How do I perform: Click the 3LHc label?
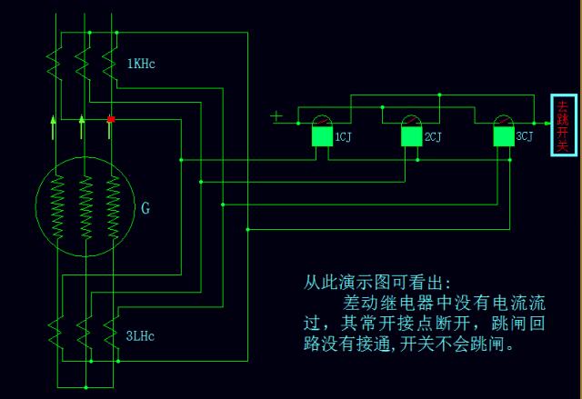coord(141,335)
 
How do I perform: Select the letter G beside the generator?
coord(145,208)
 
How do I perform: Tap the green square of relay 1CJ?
coord(321,136)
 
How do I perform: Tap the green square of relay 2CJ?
coord(412,136)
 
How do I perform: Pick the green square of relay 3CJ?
coord(503,136)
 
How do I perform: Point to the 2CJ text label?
coord(433,137)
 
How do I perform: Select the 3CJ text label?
coord(524,137)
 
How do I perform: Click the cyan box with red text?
coord(563,125)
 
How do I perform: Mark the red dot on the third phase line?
coord(111,119)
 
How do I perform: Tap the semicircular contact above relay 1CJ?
coord(321,121)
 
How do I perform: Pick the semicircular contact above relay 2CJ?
coord(412,121)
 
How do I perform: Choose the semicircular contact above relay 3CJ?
coord(503,121)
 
